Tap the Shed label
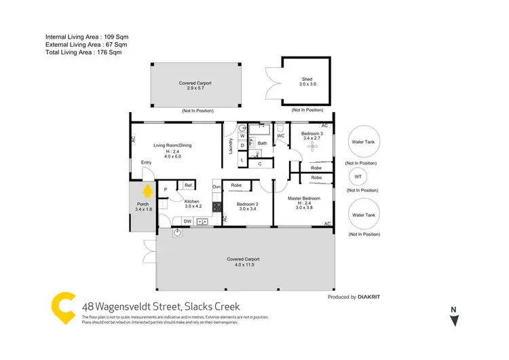coord(307,79)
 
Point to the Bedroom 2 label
coord(248,204)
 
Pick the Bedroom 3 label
coord(312,134)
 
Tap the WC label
coord(280,137)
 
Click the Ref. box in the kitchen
coord(189,185)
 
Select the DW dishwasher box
coord(187,221)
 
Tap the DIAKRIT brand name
coord(371,297)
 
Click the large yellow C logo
coord(63,307)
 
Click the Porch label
coord(143,204)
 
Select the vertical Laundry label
coord(231,145)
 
